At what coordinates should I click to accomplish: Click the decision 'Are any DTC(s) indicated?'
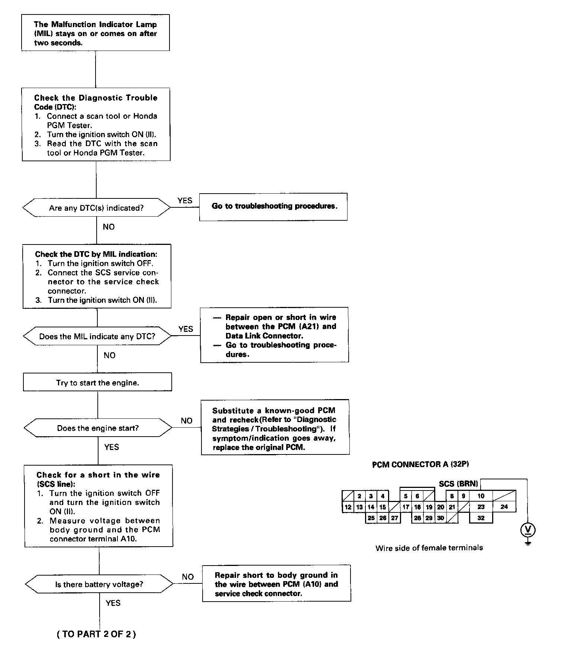(96, 208)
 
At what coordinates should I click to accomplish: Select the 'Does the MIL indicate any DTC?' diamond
(97, 337)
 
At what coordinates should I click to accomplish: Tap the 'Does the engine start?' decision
(98, 428)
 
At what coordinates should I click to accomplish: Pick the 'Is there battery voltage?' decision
(99, 585)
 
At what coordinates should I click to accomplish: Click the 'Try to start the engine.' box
(97, 382)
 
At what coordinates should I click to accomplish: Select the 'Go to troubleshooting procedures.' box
(274, 207)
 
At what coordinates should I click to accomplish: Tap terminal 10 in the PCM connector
(481, 496)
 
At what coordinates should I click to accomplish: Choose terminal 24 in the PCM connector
(504, 506)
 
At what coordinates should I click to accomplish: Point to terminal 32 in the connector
(481, 518)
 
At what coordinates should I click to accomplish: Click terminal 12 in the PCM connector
(348, 507)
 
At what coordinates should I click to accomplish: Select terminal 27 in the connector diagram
(394, 518)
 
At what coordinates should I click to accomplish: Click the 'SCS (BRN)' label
(458, 484)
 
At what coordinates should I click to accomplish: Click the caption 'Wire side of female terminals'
(429, 548)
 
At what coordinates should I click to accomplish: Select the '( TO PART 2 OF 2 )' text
(96, 634)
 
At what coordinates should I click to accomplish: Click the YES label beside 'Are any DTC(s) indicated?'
(185, 201)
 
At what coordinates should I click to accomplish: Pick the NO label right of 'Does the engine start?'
(187, 421)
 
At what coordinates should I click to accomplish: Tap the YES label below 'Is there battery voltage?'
(113, 603)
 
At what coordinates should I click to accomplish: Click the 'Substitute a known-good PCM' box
(275, 427)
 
